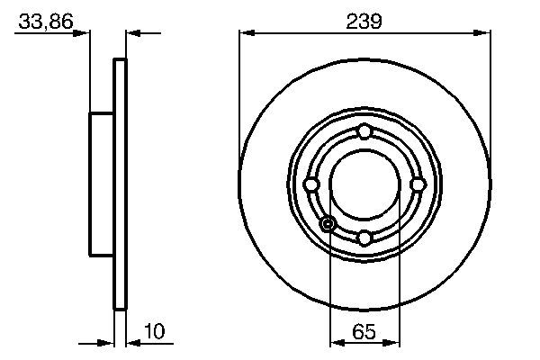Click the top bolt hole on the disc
(x=364, y=133)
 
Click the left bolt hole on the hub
(x=312, y=184)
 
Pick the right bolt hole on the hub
(x=417, y=184)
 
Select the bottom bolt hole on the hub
(x=364, y=238)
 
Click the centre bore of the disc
(x=364, y=184)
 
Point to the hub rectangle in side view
(x=101, y=184)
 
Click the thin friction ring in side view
(x=120, y=184)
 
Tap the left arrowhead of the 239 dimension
(x=245, y=33)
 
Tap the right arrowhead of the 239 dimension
(x=484, y=33)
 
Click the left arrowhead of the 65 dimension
(x=337, y=343)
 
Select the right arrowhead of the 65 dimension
(x=391, y=343)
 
